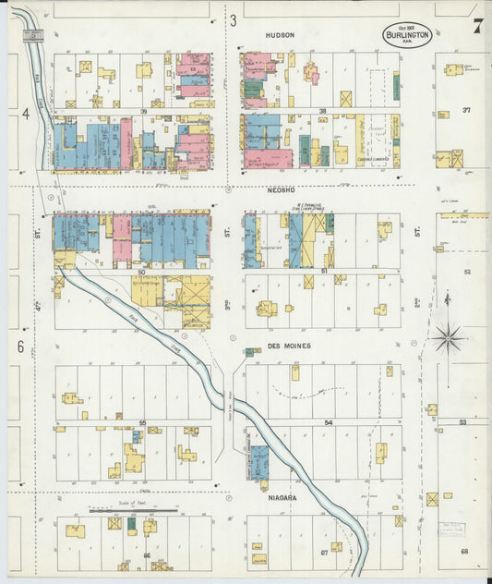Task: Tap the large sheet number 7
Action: (477, 26)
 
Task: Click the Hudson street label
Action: (279, 35)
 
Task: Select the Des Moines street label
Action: (289, 346)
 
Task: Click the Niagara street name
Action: (282, 498)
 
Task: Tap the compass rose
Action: (449, 338)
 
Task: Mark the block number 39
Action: (143, 112)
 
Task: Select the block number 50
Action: (141, 272)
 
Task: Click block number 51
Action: (324, 272)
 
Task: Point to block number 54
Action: (328, 422)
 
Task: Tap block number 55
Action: (142, 422)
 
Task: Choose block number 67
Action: (324, 554)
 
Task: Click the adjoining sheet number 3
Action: (234, 19)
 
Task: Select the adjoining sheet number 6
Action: (19, 347)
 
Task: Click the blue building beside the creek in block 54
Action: (259, 462)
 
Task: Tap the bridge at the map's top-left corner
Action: (34, 35)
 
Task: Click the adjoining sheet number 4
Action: (27, 114)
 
